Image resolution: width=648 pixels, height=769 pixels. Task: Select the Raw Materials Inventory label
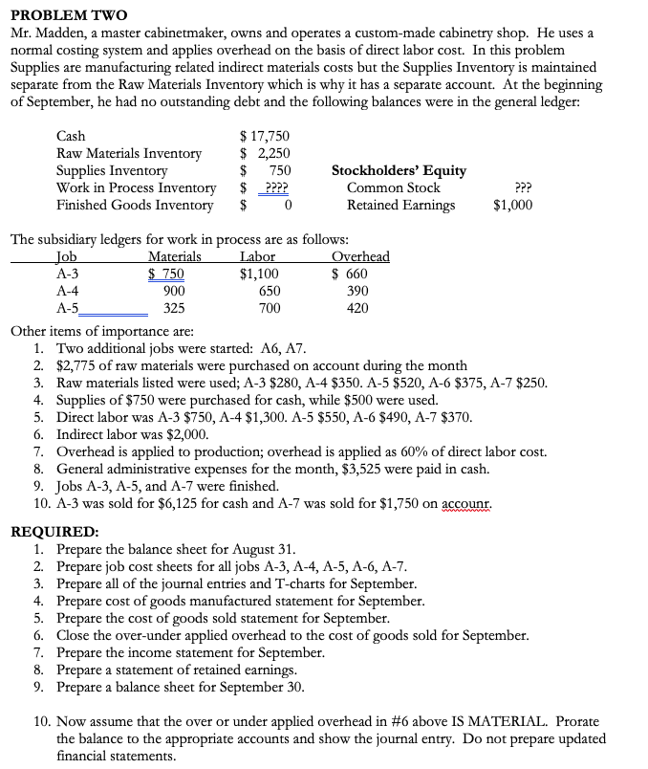coord(129,154)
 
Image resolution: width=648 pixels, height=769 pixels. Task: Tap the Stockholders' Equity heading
coord(399,171)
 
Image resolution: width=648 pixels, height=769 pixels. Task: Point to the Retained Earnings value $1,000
coord(512,205)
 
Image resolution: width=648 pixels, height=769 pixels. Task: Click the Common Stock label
coord(393,188)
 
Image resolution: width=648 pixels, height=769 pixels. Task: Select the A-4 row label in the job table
coord(68,291)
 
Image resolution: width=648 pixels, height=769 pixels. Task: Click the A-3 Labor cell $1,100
coord(259,274)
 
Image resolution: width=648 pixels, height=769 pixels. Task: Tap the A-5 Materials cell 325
coord(174,308)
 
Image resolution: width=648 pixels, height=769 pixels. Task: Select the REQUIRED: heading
coord(54,532)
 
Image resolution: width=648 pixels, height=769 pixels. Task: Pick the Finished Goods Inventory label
coord(135,206)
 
